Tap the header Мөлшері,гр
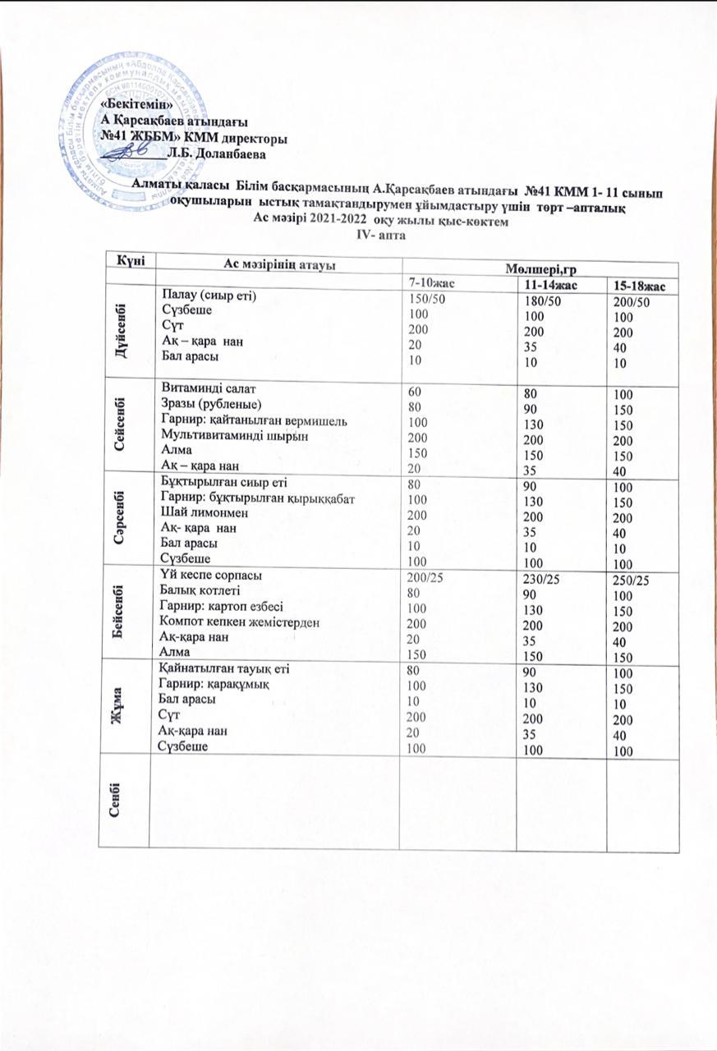pyautogui.click(x=538, y=268)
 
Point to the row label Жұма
pyautogui.click(x=128, y=709)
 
